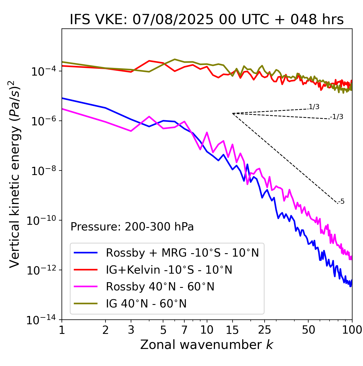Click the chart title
coord(207,20)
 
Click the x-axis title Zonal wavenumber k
coord(207,344)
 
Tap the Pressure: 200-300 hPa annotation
coord(132,227)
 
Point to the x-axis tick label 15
coord(232,330)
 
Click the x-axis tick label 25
coord(265,330)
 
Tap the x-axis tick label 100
coord(352,330)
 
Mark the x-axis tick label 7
coord(184,330)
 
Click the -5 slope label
coord(341,202)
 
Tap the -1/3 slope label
coord(337,117)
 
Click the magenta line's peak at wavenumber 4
coord(149,117)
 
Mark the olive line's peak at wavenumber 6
coord(175,59)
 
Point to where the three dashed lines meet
coord(233,113)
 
